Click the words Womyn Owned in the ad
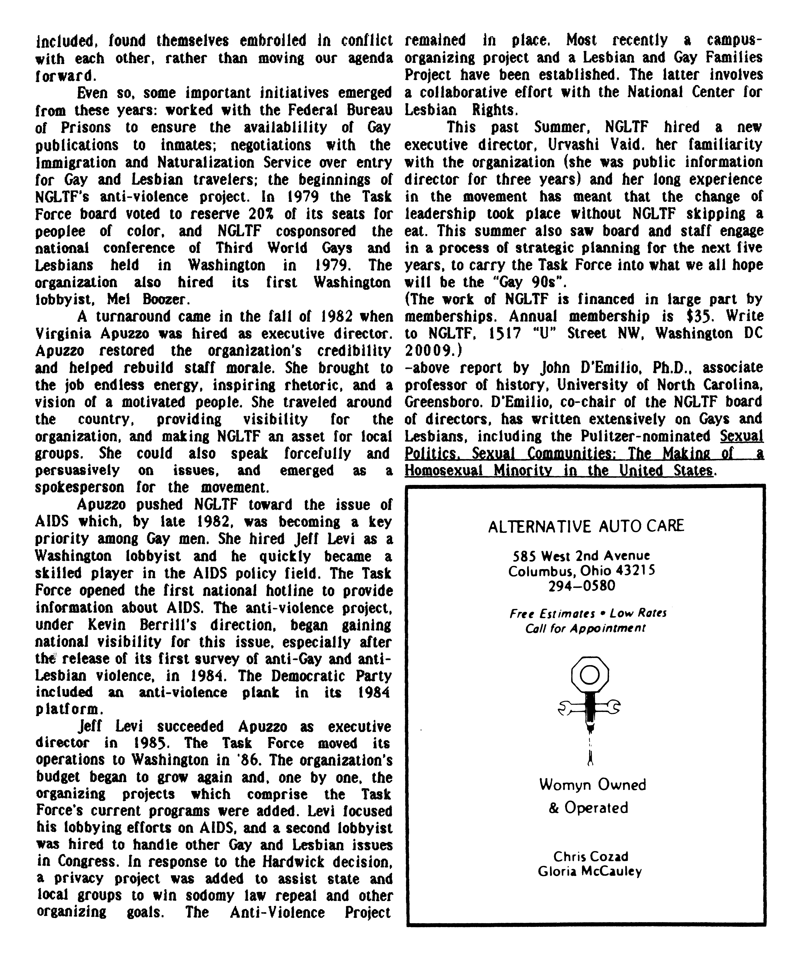(592, 785)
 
